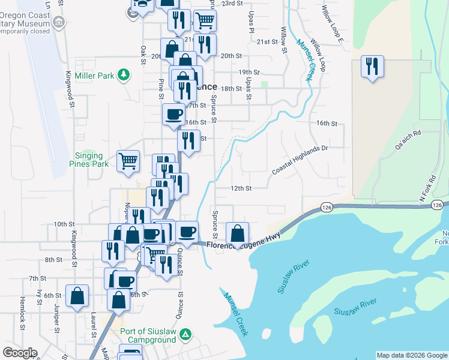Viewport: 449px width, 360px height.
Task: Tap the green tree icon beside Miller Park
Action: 124,74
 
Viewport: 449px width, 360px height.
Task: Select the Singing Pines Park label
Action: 92,159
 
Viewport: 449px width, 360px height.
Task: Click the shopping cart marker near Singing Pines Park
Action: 128,161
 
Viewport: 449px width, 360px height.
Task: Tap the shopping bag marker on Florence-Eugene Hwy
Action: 238,233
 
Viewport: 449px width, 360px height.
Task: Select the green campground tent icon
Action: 187,334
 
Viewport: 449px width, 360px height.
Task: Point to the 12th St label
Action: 240,188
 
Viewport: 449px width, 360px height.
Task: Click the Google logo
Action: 20,352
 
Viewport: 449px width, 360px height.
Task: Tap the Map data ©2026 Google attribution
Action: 411,355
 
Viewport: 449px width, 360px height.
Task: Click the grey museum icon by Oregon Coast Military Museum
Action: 59,23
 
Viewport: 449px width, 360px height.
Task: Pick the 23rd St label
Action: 231,3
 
